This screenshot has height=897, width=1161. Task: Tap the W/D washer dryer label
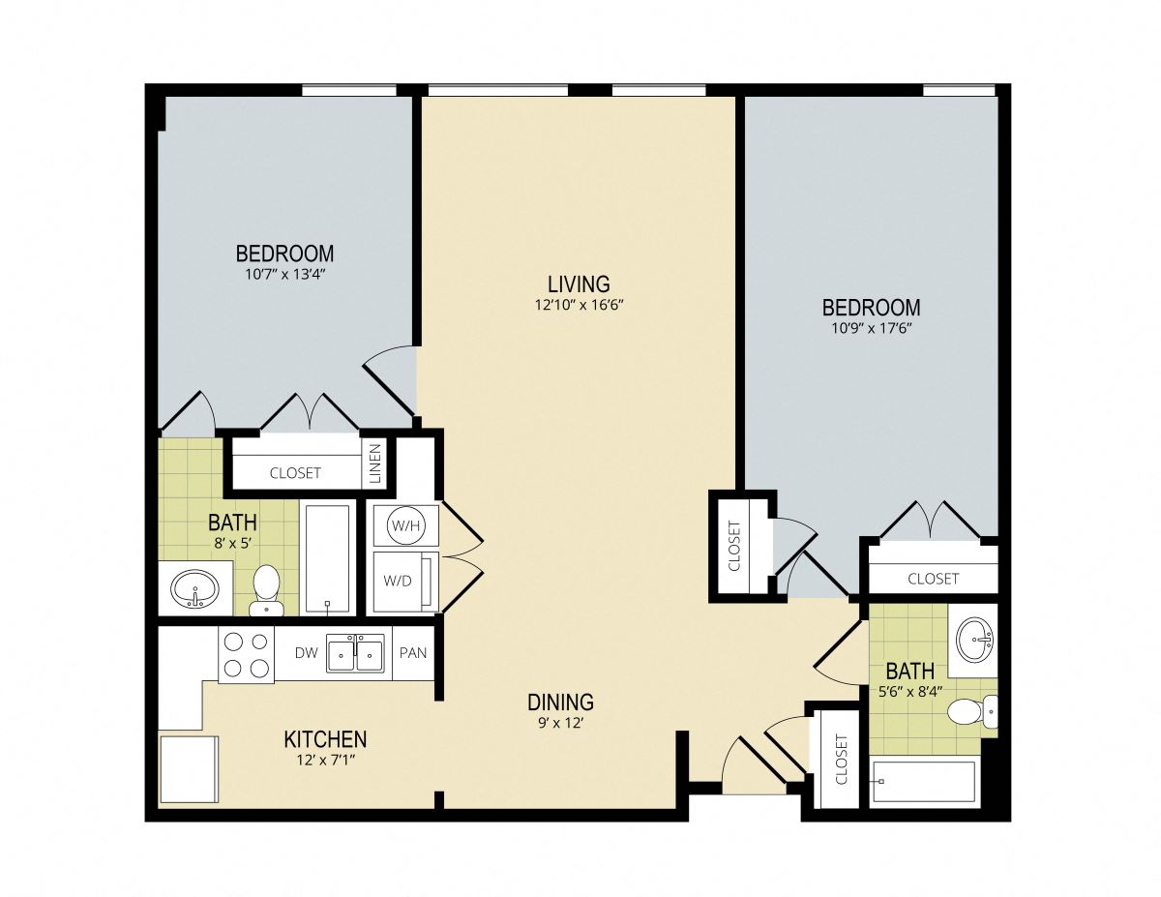tap(398, 582)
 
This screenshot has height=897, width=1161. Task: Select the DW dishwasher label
tap(306, 653)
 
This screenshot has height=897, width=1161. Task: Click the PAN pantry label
tap(413, 653)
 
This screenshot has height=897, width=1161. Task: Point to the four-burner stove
tap(246, 654)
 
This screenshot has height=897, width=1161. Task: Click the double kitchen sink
tap(355, 653)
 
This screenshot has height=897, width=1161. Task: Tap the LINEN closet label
tap(375, 463)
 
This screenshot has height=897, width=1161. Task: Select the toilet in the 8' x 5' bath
tap(266, 590)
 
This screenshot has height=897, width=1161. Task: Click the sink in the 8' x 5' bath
tap(194, 588)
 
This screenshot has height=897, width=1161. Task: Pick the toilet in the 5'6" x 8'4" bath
tap(972, 710)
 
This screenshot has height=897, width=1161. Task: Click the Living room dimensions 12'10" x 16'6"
tap(580, 305)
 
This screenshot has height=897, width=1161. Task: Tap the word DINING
tap(560, 702)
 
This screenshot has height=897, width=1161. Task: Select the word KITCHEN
tap(325, 739)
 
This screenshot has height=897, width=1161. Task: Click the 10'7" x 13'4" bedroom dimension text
tap(285, 275)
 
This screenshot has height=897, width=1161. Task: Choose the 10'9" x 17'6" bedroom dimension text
tap(871, 329)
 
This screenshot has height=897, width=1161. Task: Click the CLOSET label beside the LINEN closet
tap(295, 473)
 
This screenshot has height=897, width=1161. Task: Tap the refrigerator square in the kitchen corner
tap(189, 768)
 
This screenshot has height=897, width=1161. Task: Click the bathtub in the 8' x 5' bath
tap(328, 558)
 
